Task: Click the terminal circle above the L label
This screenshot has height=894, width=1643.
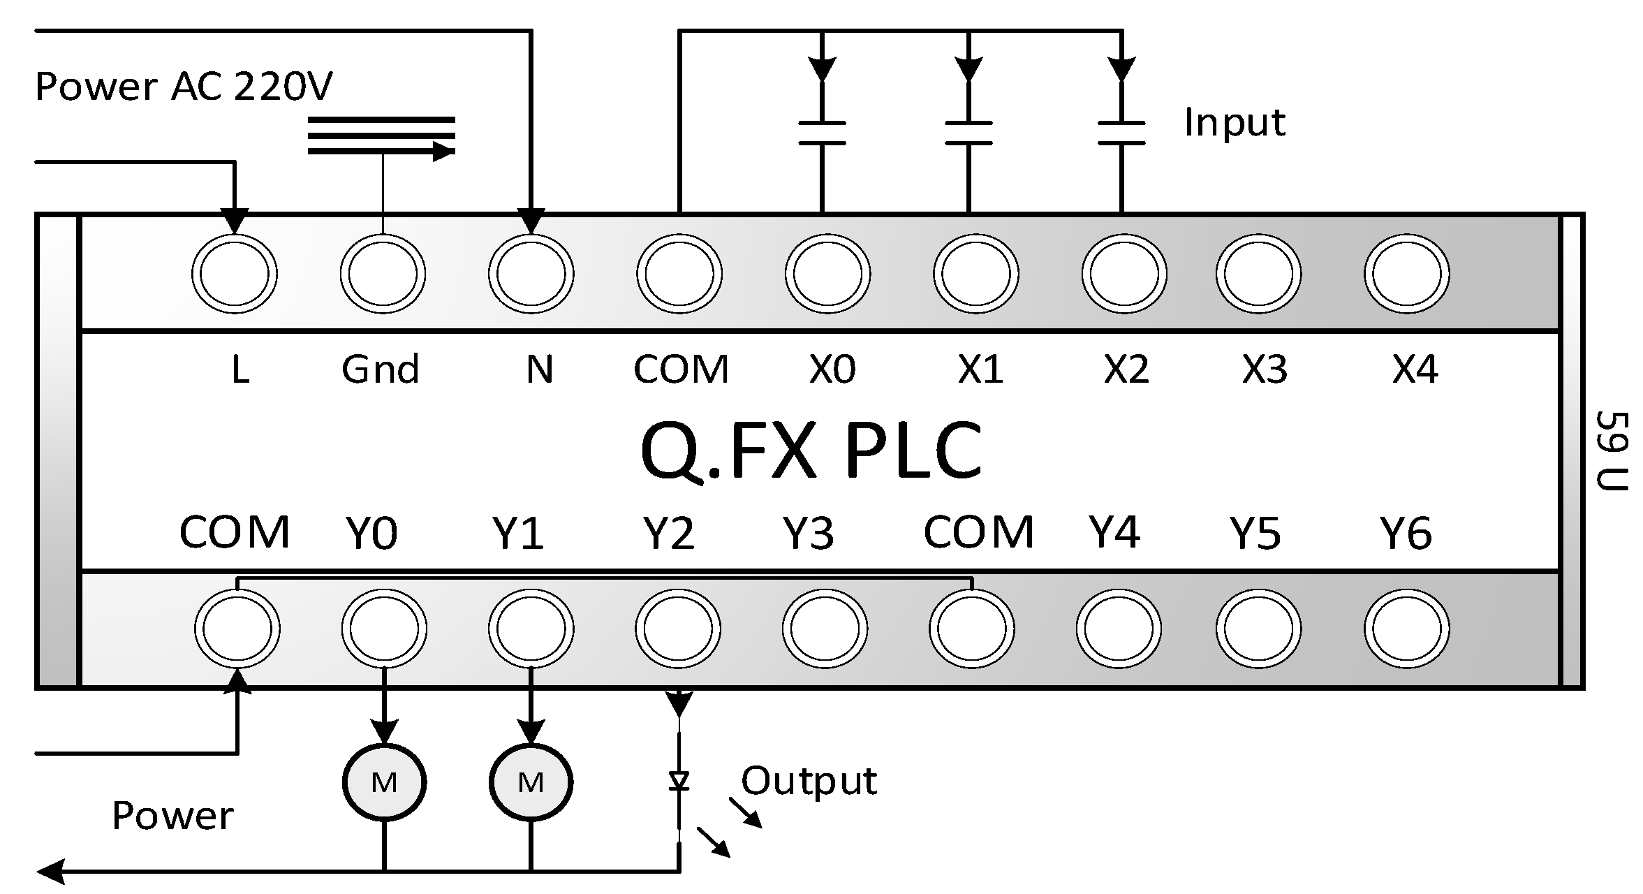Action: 234,274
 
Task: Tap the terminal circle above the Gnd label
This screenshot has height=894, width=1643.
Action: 383,274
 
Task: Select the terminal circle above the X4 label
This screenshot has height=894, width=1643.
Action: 1406,274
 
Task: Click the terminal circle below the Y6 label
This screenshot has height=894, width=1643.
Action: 1406,629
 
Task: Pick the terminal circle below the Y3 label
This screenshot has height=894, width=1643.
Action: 825,629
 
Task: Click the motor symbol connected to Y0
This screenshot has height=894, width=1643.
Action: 384,782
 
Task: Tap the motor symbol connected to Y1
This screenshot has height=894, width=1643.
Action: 531,782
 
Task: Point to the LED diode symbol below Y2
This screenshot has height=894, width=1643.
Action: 679,780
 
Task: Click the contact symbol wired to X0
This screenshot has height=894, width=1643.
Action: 822,133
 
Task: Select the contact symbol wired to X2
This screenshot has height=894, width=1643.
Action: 1121,133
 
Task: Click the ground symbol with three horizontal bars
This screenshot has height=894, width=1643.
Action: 381,135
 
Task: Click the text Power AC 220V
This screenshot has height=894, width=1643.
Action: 183,87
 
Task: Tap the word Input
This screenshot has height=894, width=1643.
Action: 1234,123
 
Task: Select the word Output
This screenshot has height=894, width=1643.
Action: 808,781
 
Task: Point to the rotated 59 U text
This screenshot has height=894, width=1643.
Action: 1612,450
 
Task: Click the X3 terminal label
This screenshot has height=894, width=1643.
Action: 1264,369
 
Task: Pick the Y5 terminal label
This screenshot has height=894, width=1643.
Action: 1255,533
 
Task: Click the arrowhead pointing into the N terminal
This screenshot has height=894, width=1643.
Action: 532,221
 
